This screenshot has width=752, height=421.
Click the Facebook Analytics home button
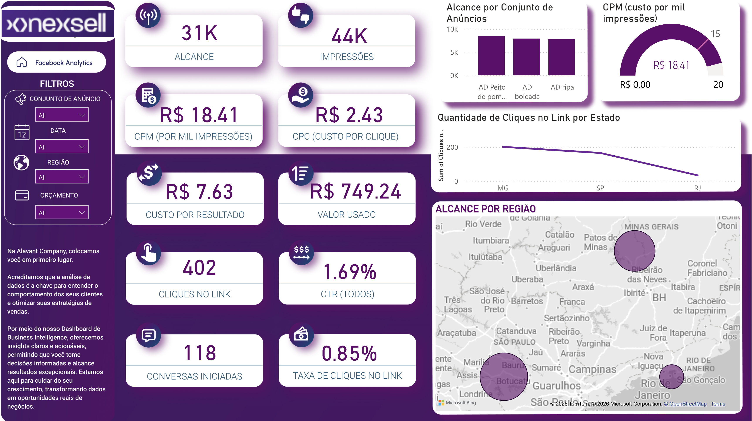pyautogui.click(x=56, y=63)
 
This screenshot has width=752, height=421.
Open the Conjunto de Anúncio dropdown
pyautogui.click(x=62, y=115)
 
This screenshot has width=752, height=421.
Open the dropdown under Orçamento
pyautogui.click(x=62, y=212)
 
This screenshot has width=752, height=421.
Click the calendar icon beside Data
pyautogui.click(x=22, y=132)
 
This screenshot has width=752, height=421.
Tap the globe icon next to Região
pyautogui.click(x=21, y=163)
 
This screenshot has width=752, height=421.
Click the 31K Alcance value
pyautogui.click(x=199, y=33)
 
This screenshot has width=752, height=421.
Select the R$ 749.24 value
pyautogui.click(x=355, y=192)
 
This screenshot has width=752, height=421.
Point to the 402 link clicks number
pyautogui.click(x=199, y=268)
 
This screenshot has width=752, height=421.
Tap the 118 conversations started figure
pyautogui.click(x=200, y=353)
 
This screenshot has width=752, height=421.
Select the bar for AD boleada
pyautogui.click(x=526, y=57)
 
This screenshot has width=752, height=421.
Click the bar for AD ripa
pyautogui.click(x=561, y=57)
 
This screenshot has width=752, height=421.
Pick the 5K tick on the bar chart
pyautogui.click(x=454, y=53)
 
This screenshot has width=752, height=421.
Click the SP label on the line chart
pyautogui.click(x=600, y=188)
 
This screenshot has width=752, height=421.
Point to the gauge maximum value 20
pyautogui.click(x=718, y=85)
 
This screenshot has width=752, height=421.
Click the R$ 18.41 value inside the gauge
pyautogui.click(x=671, y=65)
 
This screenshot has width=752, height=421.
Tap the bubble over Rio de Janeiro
pyautogui.click(x=671, y=377)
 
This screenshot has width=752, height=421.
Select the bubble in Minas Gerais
pyautogui.click(x=634, y=251)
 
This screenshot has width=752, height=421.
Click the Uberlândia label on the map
pyautogui.click(x=556, y=268)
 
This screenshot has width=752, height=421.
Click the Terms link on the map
pyautogui.click(x=718, y=404)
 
